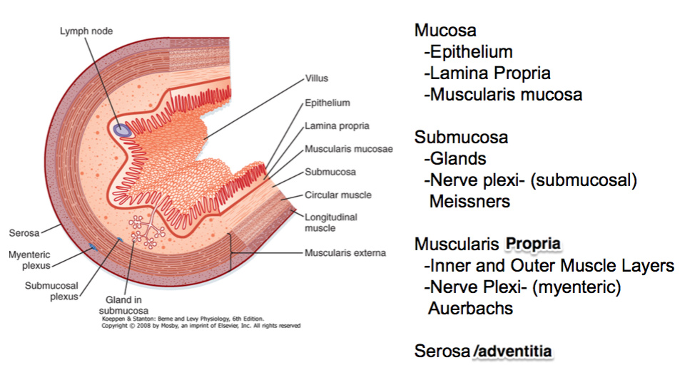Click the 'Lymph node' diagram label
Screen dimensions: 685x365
click(x=86, y=31)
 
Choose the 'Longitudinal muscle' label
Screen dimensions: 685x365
click(x=331, y=222)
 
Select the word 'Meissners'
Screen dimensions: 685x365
click(x=470, y=202)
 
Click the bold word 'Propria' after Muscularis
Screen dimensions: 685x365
click(x=532, y=245)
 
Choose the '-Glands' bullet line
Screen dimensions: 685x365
click(x=455, y=159)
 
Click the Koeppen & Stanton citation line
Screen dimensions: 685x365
click(x=182, y=318)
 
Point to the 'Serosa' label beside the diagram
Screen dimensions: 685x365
click(x=23, y=232)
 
